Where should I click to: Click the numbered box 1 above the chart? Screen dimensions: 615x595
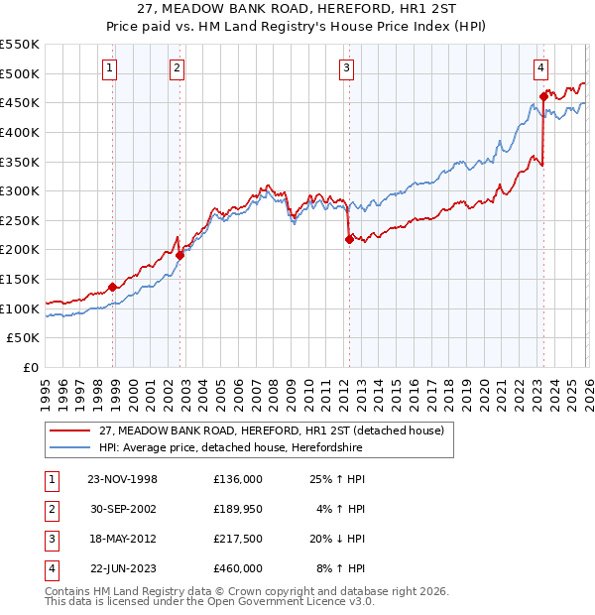point(108,68)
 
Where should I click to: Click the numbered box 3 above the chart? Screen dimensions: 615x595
point(346,68)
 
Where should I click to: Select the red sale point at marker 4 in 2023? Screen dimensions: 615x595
point(543,96)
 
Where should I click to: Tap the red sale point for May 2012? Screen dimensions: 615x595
point(349,239)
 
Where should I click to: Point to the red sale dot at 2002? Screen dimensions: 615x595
point(180,255)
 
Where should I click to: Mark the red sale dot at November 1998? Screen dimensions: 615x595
point(113,287)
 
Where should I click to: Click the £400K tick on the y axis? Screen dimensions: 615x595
point(19,132)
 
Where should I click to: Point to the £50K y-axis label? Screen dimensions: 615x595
point(23,338)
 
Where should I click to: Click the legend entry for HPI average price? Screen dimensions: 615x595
point(231,447)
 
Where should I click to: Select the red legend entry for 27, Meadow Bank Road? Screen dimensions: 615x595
point(277,430)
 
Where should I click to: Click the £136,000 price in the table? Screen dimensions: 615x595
point(238,479)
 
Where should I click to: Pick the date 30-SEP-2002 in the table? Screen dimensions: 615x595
point(123,509)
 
